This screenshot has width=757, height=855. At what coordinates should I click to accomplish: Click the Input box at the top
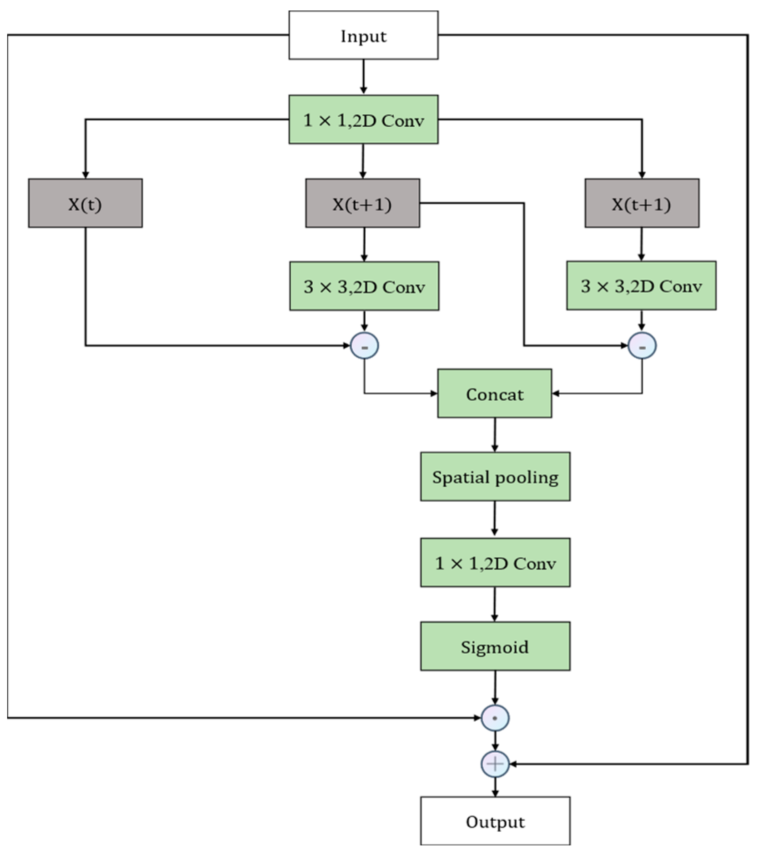tap(363, 35)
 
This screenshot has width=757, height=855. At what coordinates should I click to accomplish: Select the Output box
tap(495, 821)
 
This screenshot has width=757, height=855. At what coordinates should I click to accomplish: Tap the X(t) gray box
tap(85, 203)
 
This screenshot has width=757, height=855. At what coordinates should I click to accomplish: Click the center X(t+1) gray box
tap(362, 203)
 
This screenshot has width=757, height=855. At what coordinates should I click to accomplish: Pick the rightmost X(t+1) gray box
tap(642, 203)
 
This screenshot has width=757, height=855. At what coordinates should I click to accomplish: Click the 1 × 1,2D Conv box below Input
tap(363, 120)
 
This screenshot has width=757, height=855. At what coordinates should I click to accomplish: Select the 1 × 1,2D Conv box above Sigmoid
tap(495, 563)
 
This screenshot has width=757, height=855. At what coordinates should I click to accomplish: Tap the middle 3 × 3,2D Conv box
tap(364, 286)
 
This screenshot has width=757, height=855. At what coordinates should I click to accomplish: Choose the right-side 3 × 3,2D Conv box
tap(641, 285)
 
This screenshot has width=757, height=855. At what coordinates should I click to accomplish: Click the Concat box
tap(495, 394)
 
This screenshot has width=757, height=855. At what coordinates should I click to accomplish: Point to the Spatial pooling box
tap(495, 477)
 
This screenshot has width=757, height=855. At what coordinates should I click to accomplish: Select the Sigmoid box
tap(495, 646)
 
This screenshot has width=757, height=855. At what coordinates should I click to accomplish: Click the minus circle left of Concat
tap(365, 346)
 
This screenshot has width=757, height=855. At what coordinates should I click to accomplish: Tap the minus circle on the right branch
tap(642, 346)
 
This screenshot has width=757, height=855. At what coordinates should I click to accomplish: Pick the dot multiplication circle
tap(495, 718)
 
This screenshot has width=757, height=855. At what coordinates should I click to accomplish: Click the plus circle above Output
tap(495, 764)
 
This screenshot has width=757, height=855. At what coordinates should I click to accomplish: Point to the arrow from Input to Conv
tap(363, 77)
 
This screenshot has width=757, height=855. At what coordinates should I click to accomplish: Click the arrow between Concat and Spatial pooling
tap(495, 435)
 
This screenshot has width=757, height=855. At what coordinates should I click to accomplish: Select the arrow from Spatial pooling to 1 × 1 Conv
tap(495, 519)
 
